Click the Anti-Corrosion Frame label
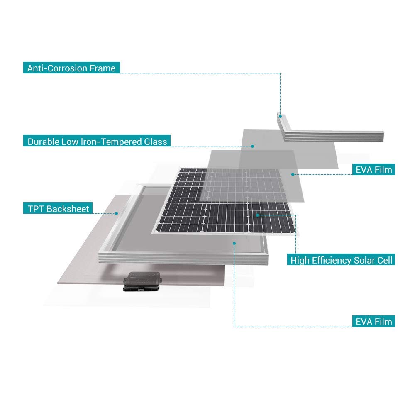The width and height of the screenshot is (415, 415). (x=71, y=68)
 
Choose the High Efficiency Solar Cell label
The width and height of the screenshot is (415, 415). (x=341, y=260)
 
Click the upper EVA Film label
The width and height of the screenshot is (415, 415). (x=374, y=169)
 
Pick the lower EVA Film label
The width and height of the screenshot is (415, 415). (x=374, y=321)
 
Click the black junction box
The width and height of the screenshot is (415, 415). (x=142, y=281)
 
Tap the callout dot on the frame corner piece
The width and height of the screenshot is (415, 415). (x=280, y=116)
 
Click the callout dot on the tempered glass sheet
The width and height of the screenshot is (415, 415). (x=252, y=146)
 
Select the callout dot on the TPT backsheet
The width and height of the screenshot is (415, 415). (x=116, y=213)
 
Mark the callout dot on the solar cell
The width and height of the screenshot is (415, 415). (x=258, y=215)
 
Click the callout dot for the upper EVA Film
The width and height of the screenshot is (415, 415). (x=293, y=174)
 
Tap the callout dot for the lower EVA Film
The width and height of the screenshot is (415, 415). (x=234, y=243)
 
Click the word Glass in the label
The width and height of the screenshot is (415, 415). (x=155, y=142)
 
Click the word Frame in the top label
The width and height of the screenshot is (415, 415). (x=103, y=68)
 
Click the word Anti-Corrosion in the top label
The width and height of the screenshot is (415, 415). (x=57, y=68)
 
